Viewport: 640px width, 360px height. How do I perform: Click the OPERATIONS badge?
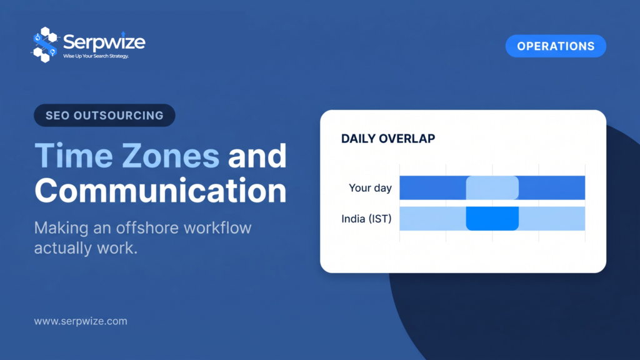click(556, 46)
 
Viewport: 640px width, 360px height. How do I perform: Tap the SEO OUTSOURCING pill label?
click(104, 116)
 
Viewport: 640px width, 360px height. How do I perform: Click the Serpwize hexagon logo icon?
click(44, 44)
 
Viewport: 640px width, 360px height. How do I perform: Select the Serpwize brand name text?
click(104, 42)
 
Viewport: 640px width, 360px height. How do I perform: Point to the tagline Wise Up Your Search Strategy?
click(96, 56)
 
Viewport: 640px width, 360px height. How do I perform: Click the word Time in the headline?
click(74, 156)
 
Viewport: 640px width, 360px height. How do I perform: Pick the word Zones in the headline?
click(171, 156)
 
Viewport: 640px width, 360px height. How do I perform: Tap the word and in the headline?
click(257, 156)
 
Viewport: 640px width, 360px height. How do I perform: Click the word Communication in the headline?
click(161, 190)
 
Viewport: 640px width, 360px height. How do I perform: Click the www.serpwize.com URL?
click(81, 321)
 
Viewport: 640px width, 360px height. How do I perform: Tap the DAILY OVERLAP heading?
click(388, 139)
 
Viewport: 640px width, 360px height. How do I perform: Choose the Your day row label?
click(370, 188)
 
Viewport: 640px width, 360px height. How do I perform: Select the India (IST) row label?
click(366, 219)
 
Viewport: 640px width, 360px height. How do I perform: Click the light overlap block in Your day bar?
click(492, 187)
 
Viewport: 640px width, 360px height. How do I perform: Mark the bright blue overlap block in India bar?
click(492, 218)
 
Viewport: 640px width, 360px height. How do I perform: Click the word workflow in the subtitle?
click(217, 227)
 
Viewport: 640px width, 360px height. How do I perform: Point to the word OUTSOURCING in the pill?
click(118, 116)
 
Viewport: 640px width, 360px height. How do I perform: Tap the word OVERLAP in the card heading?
click(407, 139)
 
